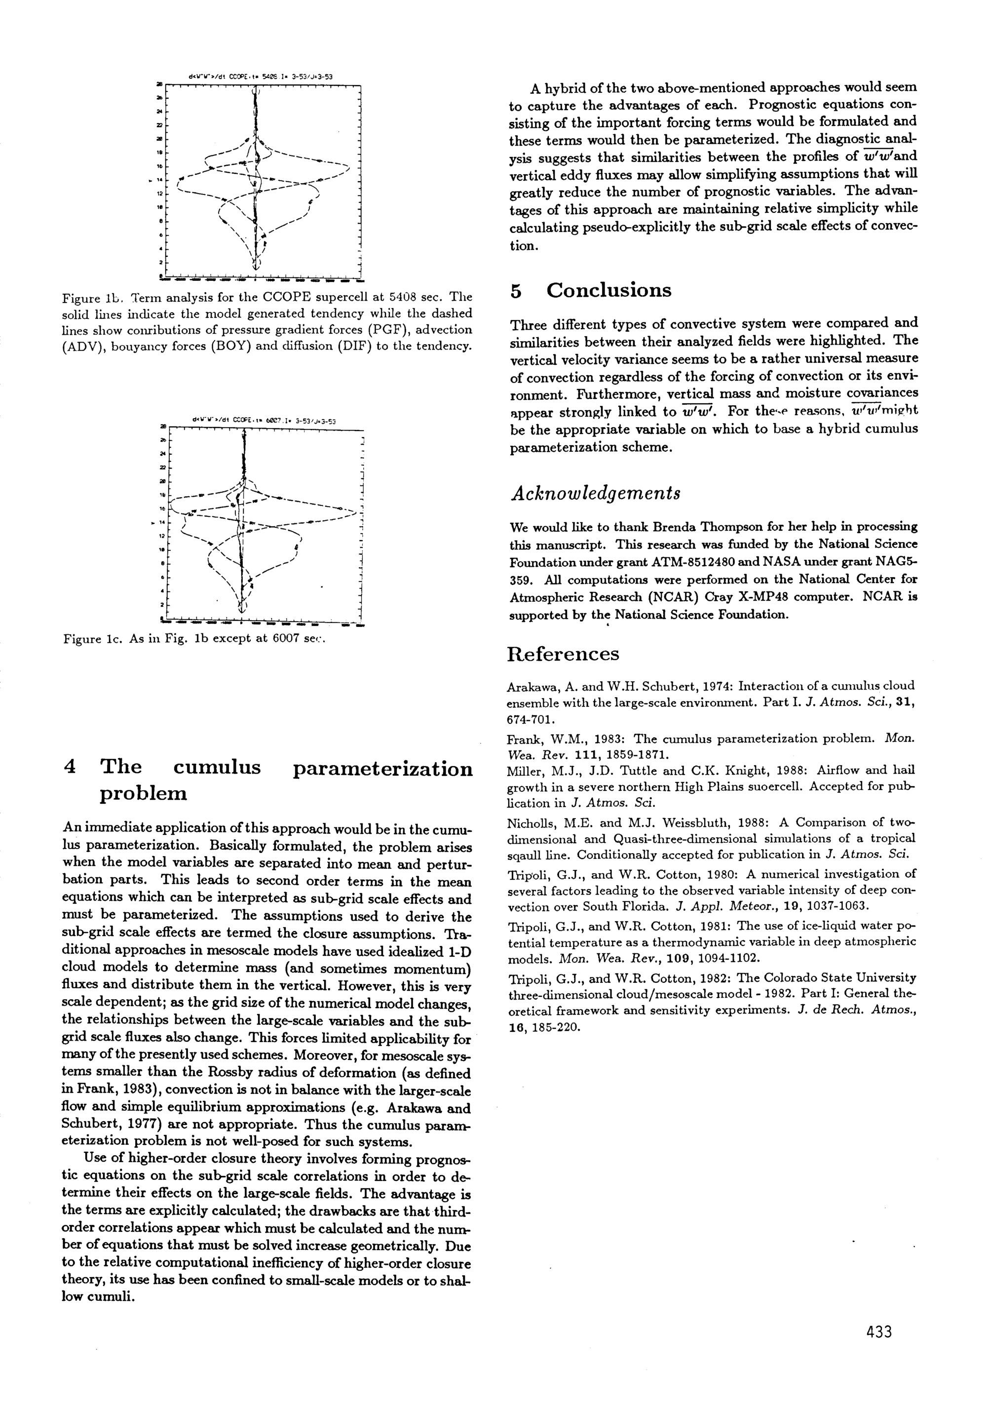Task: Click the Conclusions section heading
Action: coord(608,290)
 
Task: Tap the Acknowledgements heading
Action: coord(595,494)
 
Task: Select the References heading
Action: coord(563,655)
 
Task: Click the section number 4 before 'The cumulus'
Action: coord(70,768)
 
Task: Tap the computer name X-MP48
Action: coord(756,597)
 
